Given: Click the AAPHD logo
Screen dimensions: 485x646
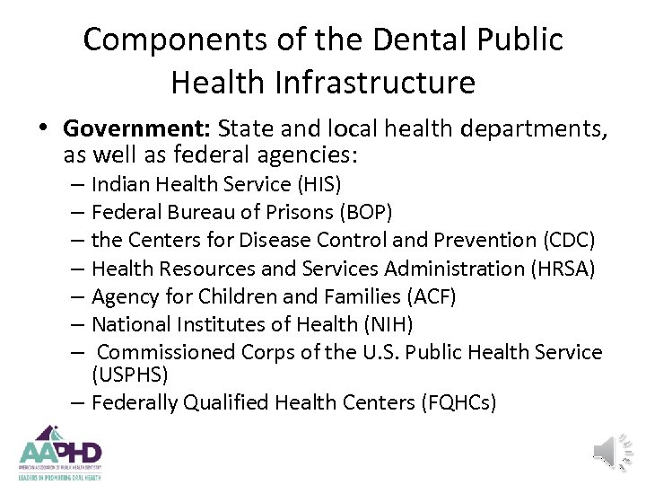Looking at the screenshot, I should click(61, 451).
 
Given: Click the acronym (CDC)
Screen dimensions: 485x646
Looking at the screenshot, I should click(570, 240).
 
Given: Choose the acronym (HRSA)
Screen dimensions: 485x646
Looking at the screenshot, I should click(572, 268).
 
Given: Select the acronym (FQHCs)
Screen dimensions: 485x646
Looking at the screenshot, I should click(458, 401).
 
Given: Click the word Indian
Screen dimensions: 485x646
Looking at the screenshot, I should click(118, 184).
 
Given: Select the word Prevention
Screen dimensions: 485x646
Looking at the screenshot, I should click(484, 240).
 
